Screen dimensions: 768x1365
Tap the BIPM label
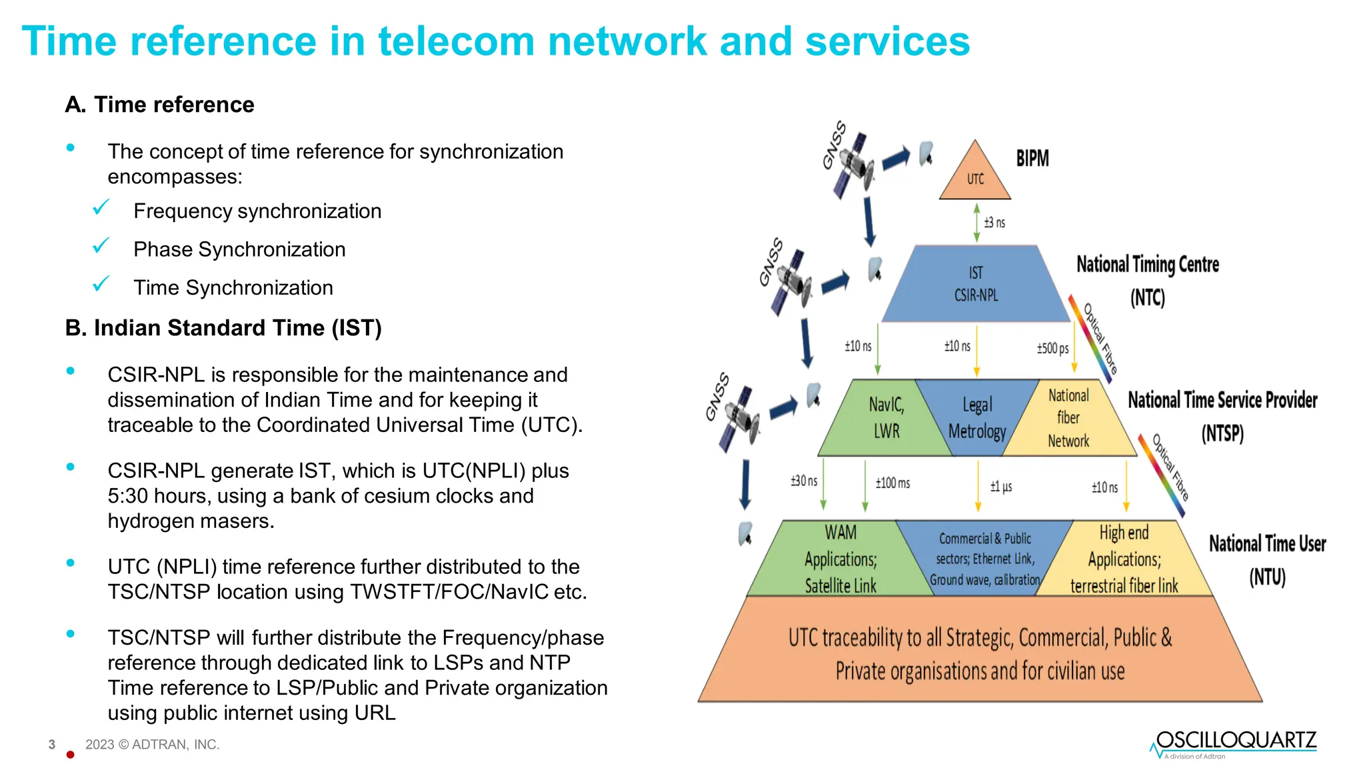tap(1032, 159)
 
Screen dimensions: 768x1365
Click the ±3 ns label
tap(994, 223)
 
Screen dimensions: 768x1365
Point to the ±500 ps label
tap(1052, 349)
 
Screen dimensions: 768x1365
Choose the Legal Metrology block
tap(976, 418)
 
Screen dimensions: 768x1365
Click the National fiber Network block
tap(1068, 418)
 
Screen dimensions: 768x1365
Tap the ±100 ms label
tap(892, 483)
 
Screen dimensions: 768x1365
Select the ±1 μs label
tap(1001, 487)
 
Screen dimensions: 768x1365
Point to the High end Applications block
tap(1124, 559)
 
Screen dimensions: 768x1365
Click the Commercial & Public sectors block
tap(984, 559)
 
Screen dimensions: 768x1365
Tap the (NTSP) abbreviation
tap(1222, 434)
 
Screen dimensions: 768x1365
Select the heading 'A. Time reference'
tap(160, 105)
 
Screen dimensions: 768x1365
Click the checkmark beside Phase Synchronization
tap(101, 247)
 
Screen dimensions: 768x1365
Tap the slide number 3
tap(52, 745)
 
